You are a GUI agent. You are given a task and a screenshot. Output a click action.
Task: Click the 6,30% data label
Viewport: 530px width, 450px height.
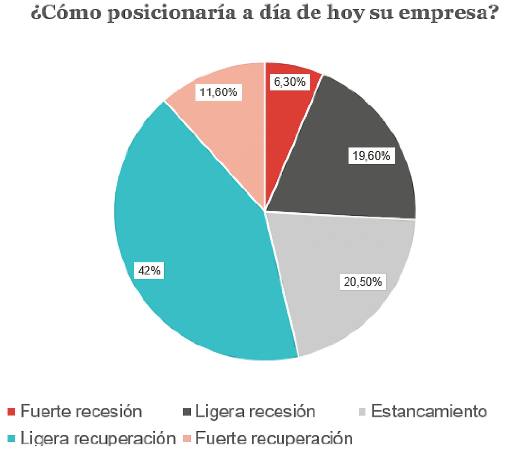point(289,82)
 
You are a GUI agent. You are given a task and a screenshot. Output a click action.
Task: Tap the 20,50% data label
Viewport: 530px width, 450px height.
point(363,282)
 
